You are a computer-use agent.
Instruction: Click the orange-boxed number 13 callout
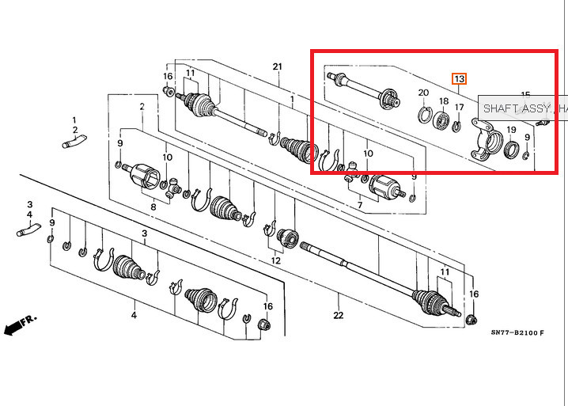459,78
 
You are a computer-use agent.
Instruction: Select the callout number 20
423,93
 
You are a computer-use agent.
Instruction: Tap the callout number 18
444,102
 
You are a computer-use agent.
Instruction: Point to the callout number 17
459,107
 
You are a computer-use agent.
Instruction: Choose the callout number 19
511,130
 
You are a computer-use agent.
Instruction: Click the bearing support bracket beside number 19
485,139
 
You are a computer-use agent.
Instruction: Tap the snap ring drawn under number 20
425,116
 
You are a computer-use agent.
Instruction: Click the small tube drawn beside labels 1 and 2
74,143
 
